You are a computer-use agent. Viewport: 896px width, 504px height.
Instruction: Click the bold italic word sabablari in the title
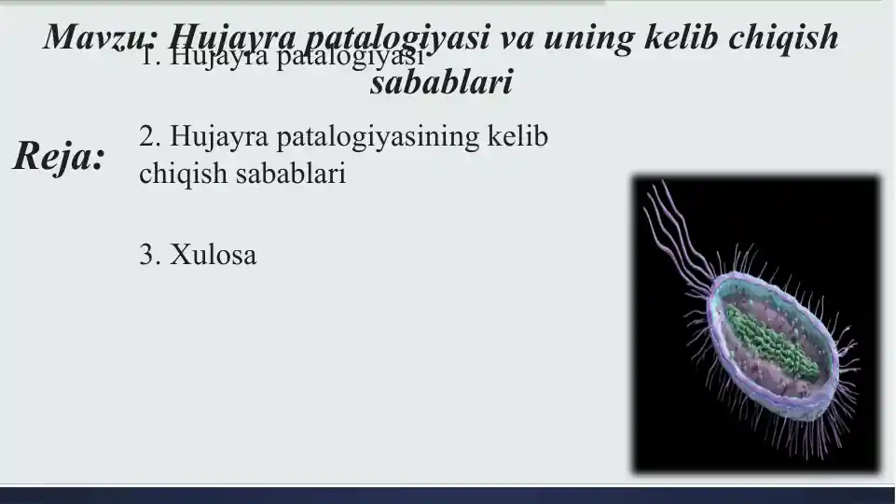pos(441,84)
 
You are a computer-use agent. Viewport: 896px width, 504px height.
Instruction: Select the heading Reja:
pos(58,157)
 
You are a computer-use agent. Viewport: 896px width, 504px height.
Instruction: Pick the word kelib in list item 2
pos(518,137)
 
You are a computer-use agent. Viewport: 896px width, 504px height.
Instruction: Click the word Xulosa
pos(213,254)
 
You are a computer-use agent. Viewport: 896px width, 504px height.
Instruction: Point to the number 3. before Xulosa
pos(150,254)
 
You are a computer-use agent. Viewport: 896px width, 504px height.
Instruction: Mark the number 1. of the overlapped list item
pos(149,58)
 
